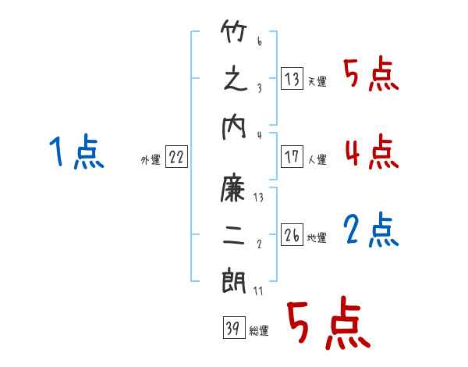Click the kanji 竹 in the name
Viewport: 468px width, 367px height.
point(234,31)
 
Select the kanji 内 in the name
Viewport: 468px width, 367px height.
point(234,128)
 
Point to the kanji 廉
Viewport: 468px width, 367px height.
point(232,187)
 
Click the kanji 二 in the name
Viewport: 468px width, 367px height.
point(234,235)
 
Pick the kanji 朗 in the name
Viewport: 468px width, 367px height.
point(234,281)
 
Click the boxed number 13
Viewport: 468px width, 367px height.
point(292,78)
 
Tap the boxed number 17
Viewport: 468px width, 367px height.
point(292,156)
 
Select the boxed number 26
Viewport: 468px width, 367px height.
point(292,234)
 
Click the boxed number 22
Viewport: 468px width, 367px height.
point(176,156)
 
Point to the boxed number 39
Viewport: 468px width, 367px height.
point(234,327)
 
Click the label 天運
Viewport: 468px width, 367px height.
point(317,81)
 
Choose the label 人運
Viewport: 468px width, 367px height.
point(317,159)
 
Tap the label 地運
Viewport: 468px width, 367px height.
point(317,237)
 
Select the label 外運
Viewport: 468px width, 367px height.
point(151,159)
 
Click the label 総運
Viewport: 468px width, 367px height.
point(259,331)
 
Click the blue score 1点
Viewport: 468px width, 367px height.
point(76,151)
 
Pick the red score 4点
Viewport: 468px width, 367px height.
point(372,151)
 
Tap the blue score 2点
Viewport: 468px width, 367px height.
point(370,230)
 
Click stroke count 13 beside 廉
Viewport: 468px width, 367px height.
point(258,198)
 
